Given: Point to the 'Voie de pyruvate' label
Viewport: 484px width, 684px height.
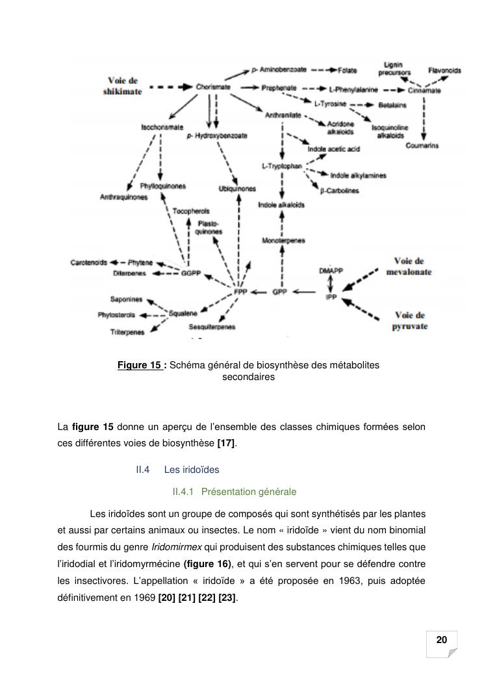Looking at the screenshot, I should click(409, 321).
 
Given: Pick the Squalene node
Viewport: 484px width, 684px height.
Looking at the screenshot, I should click(183, 313).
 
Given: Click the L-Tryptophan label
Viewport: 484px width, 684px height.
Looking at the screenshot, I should click(282, 166).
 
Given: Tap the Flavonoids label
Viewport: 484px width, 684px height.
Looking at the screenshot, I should click(444, 70).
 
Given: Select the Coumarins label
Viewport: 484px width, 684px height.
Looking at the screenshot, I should click(422, 146).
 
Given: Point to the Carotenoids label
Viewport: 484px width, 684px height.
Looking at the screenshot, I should click(89, 262).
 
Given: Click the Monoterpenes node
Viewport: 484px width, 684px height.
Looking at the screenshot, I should click(283, 241).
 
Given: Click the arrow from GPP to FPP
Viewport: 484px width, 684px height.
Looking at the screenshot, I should click(260, 293).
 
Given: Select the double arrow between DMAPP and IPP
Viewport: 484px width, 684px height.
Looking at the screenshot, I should click(330, 281).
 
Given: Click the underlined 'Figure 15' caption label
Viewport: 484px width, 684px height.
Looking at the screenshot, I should click(141, 365).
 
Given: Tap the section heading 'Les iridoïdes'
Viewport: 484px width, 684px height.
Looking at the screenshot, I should click(192, 470).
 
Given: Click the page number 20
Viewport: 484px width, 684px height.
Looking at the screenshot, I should click(442, 640).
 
